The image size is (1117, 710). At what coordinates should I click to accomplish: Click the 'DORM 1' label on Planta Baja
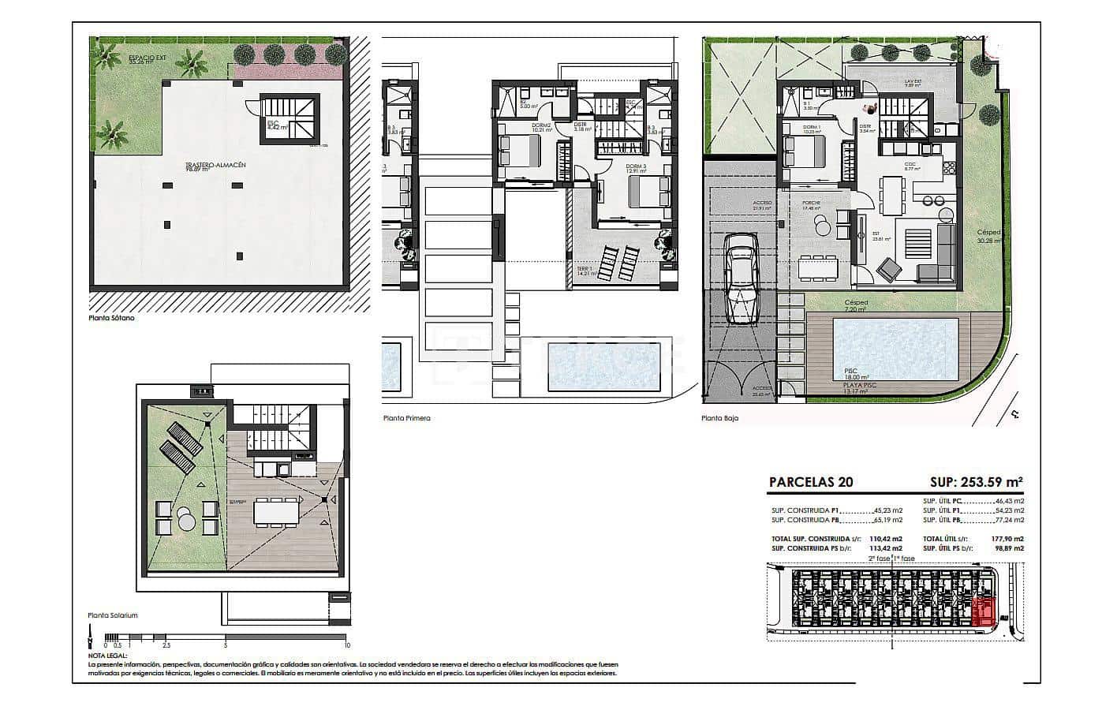[812, 129]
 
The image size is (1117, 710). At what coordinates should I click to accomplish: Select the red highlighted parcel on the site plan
[984, 611]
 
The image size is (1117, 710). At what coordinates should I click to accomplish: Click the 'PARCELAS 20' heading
[810, 482]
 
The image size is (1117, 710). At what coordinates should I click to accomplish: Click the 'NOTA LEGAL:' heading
[107, 656]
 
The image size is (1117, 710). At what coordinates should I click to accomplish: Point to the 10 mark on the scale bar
[347, 645]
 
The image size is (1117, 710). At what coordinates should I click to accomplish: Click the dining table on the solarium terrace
[275, 514]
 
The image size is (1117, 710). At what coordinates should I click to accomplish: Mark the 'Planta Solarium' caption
[113, 615]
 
